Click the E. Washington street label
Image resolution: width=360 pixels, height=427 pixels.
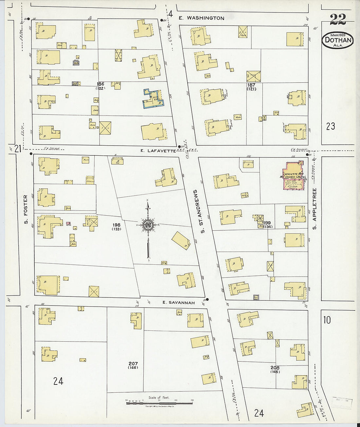tap(201, 18)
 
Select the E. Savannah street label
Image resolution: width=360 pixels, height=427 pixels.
tap(178, 303)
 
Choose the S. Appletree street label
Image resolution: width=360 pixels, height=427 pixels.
tap(315, 208)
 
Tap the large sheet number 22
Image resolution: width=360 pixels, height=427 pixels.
tap(338, 20)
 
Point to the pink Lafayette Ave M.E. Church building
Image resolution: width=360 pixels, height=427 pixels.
tap(294, 176)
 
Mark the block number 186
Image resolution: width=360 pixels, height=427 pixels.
tap(100, 84)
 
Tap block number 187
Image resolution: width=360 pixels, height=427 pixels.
tap(251, 85)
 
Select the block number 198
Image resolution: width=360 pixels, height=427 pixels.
tap(116, 225)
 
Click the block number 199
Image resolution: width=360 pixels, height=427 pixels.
tap(267, 223)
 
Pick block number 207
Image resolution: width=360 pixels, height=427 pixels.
tap(133, 364)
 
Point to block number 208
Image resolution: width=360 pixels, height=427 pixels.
tap(275, 367)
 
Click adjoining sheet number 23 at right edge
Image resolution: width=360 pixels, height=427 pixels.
tap(331, 126)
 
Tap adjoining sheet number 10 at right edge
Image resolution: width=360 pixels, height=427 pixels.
tap(327, 320)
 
